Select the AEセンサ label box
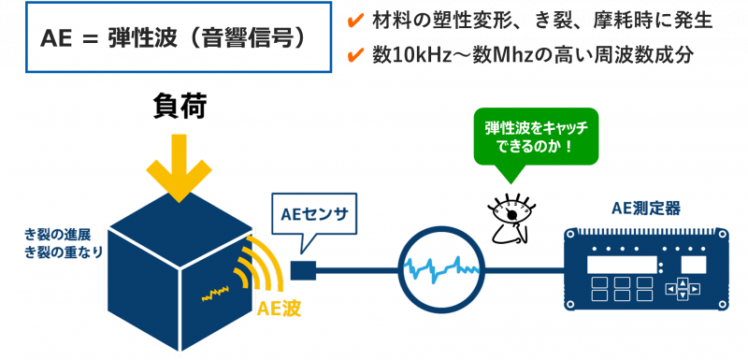[313, 217]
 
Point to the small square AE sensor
[302, 271]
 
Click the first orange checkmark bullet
[354, 19]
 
